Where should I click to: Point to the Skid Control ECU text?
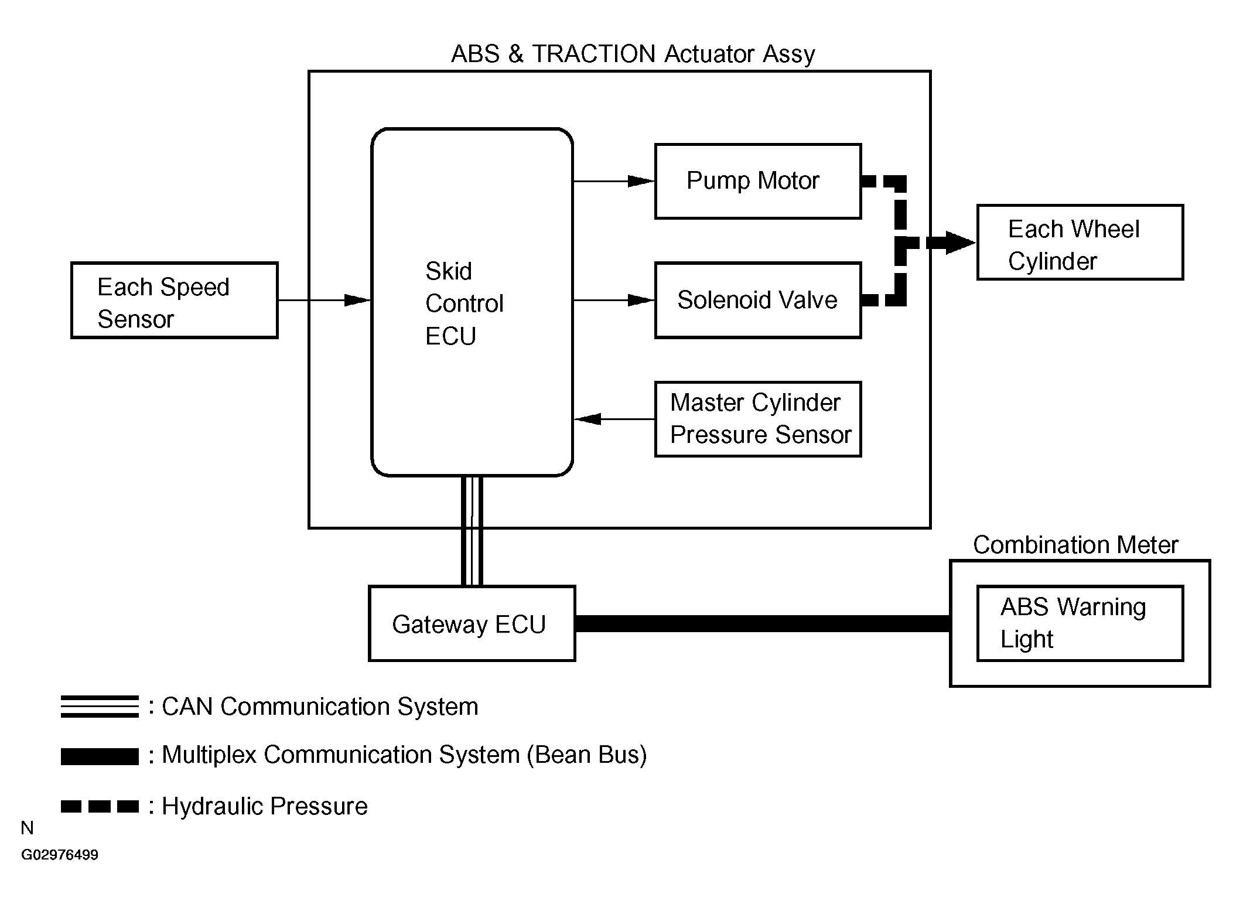coord(464,303)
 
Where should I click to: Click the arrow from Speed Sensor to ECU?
coord(325,301)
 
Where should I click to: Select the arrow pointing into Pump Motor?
coord(614,182)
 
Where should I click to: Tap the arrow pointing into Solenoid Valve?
coord(614,301)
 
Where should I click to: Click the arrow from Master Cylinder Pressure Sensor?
coord(614,419)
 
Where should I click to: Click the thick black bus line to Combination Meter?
coord(763,623)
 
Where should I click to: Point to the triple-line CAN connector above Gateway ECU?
coord(472,531)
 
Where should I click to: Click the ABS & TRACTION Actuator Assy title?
coord(633,54)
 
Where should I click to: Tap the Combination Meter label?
coord(1075,545)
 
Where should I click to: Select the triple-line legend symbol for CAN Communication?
coord(100,707)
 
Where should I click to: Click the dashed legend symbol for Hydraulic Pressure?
coord(100,807)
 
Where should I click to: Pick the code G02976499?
coord(60,855)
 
